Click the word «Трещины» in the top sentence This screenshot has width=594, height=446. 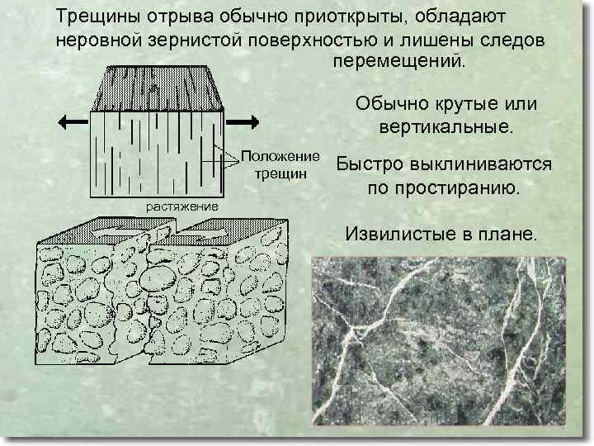pyautogui.click(x=95, y=17)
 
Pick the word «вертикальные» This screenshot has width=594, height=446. pyautogui.click(x=446, y=129)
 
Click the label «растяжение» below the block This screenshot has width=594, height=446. pyautogui.click(x=181, y=206)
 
